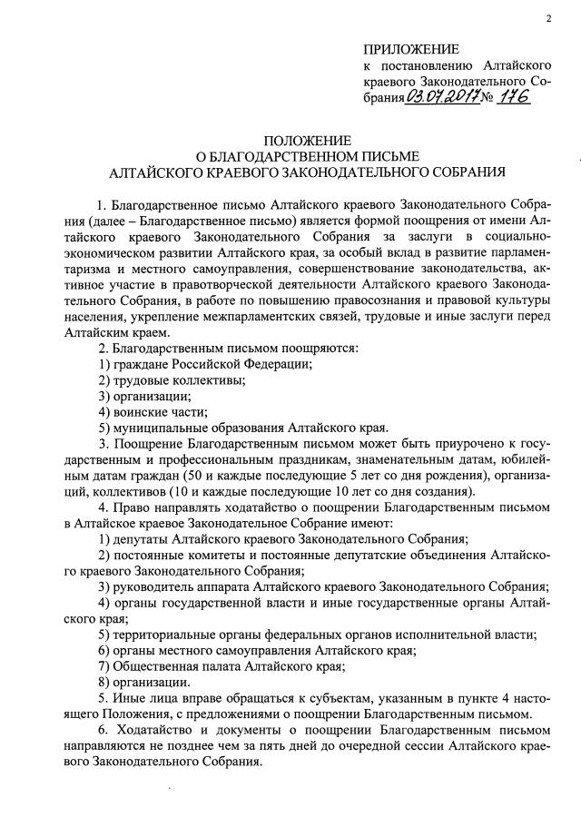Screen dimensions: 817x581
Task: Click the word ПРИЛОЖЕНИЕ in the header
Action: (410, 49)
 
